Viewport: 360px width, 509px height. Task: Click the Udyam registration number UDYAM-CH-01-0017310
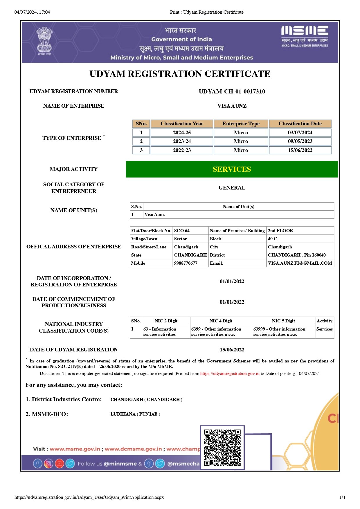232,91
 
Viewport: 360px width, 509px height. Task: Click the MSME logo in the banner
305,36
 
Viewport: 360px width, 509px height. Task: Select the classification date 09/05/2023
300,141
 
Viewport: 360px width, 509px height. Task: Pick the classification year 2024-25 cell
182,133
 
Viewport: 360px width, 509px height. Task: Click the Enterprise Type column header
241,124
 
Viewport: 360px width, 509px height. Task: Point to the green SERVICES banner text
232,169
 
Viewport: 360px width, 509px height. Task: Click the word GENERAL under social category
232,188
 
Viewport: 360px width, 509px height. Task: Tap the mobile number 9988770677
186,263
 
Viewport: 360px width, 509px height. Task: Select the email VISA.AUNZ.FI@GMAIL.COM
300,263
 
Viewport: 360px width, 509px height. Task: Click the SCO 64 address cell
182,231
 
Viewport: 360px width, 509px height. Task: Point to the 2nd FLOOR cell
280,231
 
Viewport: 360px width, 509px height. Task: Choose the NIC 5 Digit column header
283,321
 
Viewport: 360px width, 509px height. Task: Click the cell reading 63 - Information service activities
160,332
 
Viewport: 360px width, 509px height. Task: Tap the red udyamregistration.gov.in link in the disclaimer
230,373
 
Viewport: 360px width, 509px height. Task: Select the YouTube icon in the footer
59,463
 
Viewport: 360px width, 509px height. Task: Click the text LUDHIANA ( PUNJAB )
135,414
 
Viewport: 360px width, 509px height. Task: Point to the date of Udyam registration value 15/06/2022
232,350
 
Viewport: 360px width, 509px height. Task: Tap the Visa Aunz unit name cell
155,214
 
